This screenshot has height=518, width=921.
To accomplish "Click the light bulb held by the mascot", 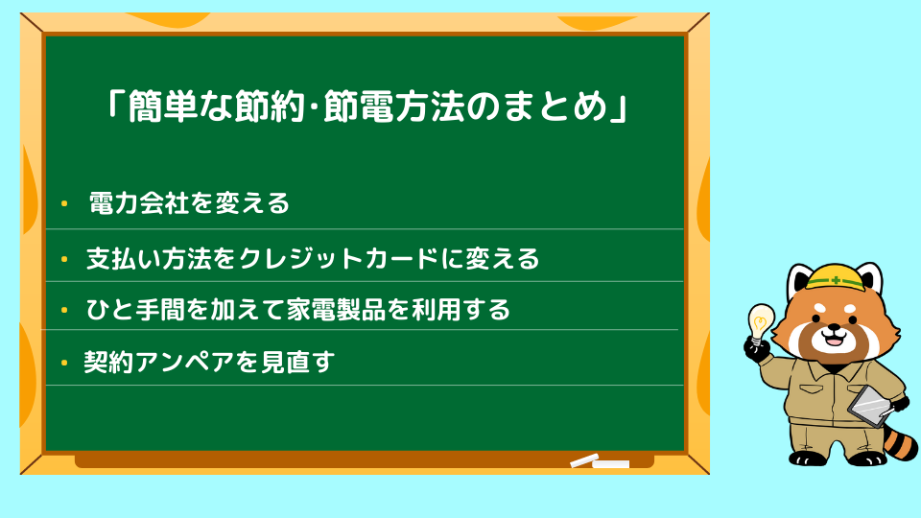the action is click(760, 322).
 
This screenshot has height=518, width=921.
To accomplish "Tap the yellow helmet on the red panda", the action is click(835, 277).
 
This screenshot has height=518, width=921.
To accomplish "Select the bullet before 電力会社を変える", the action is click(64, 203).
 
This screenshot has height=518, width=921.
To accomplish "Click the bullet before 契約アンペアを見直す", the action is click(64, 363).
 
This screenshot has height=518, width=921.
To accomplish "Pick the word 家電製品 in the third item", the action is click(336, 310).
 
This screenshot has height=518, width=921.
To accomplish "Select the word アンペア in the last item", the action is click(184, 363).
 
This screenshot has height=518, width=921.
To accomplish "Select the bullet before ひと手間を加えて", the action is click(64, 310).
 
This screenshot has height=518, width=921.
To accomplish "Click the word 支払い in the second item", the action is click(124, 259).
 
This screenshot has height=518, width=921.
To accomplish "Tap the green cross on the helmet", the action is click(836, 281).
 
